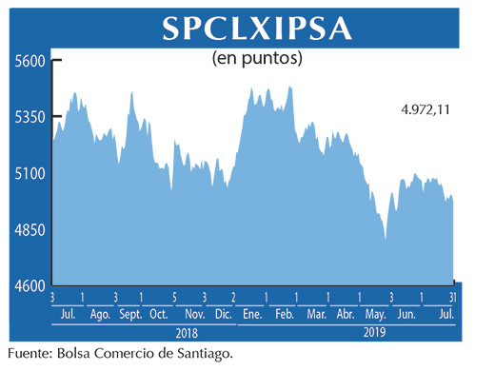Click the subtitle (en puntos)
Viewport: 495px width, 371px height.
pyautogui.click(x=255, y=59)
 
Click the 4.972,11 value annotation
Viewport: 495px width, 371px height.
pyautogui.click(x=425, y=110)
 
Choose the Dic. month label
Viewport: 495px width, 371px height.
pyautogui.click(x=224, y=314)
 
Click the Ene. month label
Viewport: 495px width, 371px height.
pyautogui.click(x=252, y=314)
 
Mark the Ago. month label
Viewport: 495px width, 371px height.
pyautogui.click(x=99, y=314)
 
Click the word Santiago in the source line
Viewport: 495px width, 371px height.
pyautogui.click(x=202, y=354)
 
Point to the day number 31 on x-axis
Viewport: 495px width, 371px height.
pyautogui.click(x=454, y=299)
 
